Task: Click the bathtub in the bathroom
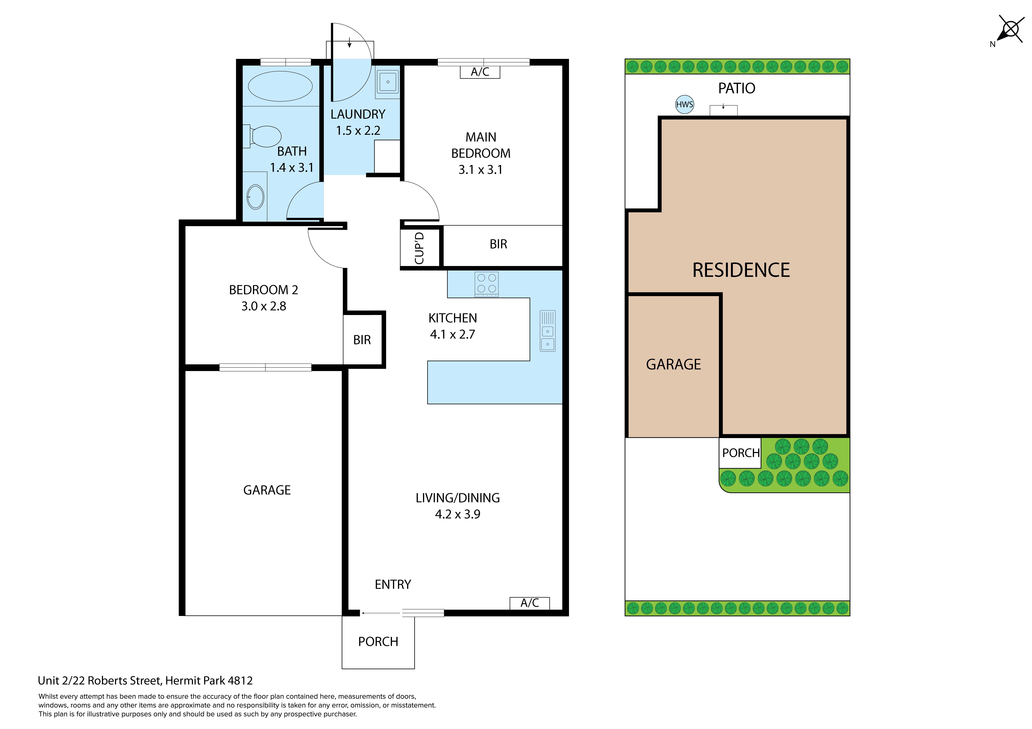(x=280, y=86)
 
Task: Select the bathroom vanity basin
(x=255, y=197)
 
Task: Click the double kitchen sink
(x=547, y=331)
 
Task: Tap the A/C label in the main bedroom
(x=480, y=72)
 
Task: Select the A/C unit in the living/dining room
(x=529, y=603)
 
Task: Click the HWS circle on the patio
(x=685, y=105)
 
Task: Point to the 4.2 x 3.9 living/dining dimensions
(x=458, y=514)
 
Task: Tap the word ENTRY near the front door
(x=393, y=584)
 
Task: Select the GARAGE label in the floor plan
(x=267, y=490)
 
